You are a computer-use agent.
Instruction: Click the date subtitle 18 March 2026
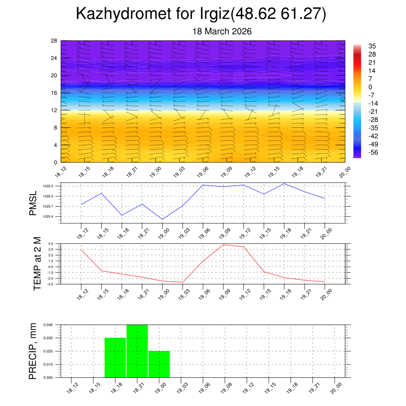pos(222,31)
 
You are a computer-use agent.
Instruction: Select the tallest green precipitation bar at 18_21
pos(137,351)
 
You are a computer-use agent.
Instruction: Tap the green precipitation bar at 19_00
pos(159,364)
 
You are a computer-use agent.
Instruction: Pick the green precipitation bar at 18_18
pos(115,357)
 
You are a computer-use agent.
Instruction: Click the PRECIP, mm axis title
pos(33,351)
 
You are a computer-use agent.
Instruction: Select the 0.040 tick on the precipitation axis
pos(48,325)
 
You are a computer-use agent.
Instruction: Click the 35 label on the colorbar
pos(372,46)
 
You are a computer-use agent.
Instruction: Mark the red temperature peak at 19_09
pos(223,245)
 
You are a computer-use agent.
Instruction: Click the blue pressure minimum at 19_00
pos(163,219)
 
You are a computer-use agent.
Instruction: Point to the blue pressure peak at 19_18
pos(284,184)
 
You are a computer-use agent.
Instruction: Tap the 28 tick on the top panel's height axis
pos(54,41)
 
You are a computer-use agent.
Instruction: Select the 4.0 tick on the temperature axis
pos(51,243)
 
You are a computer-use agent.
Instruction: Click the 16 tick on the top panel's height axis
pos(54,93)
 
